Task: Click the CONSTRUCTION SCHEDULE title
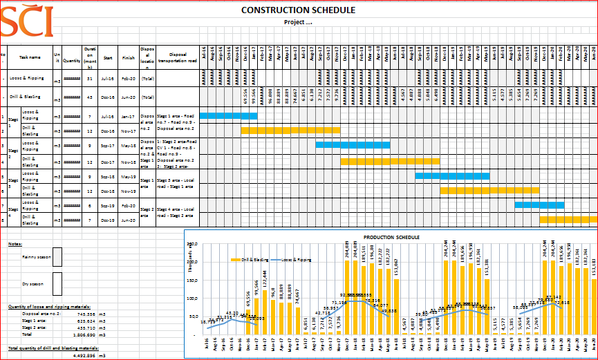(x=299, y=10)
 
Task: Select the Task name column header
(x=30, y=58)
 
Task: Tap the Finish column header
(x=128, y=58)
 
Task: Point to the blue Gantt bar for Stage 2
(x=353, y=144)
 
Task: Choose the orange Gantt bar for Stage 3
(x=489, y=189)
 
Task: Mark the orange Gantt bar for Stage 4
(x=568, y=219)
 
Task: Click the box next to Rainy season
(x=57, y=256)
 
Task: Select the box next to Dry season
(x=57, y=282)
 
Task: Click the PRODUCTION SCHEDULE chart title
(x=391, y=237)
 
